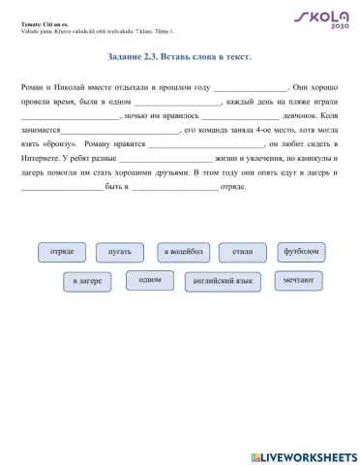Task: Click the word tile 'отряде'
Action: click(x=62, y=252)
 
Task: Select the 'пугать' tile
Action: click(x=120, y=252)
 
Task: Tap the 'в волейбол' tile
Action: click(x=183, y=252)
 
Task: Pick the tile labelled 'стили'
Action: click(x=243, y=252)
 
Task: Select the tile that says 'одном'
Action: click(x=150, y=280)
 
